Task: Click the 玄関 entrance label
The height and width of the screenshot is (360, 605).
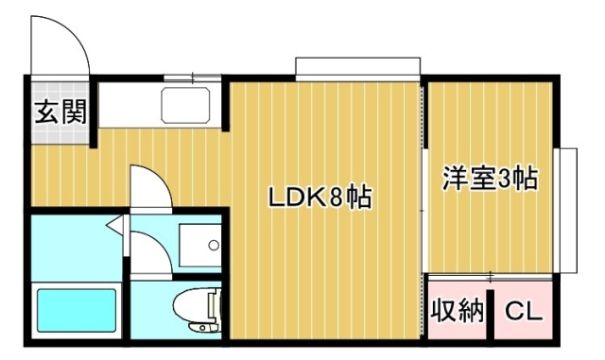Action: [x=60, y=111]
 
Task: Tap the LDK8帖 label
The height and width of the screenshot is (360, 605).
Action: [x=320, y=197]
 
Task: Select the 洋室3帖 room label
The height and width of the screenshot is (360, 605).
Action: [x=490, y=178]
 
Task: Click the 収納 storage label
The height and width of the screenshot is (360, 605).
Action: [x=457, y=310]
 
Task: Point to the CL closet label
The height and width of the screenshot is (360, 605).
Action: [x=524, y=311]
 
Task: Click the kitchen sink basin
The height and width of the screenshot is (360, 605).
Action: [x=185, y=105]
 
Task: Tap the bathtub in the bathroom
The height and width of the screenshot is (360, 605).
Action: [x=77, y=310]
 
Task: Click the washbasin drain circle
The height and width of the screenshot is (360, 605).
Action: [x=214, y=245]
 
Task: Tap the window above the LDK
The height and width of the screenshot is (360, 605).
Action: [x=357, y=69]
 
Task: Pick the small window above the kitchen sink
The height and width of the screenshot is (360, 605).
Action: [x=193, y=77]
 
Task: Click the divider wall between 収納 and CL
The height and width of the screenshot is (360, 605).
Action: [x=490, y=314]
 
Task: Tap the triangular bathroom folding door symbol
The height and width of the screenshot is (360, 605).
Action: [x=115, y=225]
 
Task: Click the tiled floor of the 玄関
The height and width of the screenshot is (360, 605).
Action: [x=60, y=112]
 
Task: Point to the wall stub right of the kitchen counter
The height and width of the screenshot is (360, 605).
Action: [x=226, y=105]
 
